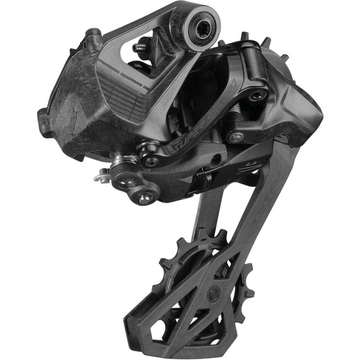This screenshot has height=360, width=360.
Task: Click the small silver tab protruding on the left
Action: click(x=100, y=178)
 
